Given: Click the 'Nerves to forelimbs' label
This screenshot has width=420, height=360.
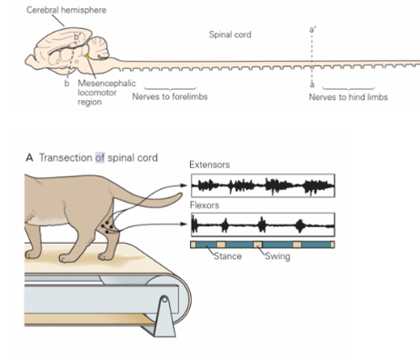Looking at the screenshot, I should point(168,95).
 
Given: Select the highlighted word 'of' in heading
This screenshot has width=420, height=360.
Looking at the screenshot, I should point(101,158).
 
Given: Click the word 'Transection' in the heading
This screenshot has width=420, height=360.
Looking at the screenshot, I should point(65,158).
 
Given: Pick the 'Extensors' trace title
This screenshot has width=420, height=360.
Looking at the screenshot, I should point(208,165).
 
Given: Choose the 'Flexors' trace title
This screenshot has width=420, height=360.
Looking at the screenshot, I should point(204,205).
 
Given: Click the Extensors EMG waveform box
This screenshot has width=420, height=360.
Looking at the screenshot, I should point(263,185).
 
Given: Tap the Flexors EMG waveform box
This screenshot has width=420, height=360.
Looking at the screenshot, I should point(263,224).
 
